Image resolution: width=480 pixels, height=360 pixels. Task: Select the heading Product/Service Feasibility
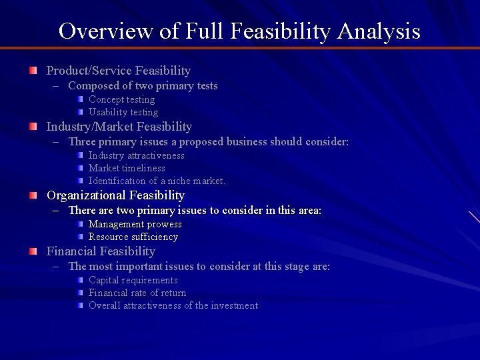coord(119,71)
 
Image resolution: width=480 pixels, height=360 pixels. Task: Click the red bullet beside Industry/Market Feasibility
coord(33,127)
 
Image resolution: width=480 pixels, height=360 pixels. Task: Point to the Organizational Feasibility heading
coord(115,195)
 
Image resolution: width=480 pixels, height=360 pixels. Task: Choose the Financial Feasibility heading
coord(101,251)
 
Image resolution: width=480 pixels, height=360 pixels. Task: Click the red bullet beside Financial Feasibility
coord(33,251)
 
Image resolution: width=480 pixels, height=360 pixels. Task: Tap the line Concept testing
coord(121,100)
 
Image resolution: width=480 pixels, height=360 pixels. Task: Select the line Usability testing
coord(123,113)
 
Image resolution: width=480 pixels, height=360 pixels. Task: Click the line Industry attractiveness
coord(137,156)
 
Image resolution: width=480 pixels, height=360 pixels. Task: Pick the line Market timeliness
coord(127,169)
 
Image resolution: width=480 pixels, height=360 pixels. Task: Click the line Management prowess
coord(135,225)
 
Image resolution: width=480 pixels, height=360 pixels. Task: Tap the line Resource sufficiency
coord(133,237)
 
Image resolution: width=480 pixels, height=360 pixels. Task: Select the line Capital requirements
coord(133,281)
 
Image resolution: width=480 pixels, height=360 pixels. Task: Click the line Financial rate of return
coord(137,293)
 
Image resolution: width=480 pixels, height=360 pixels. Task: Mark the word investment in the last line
coord(235,306)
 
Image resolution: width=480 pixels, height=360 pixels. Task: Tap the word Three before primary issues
coord(82,142)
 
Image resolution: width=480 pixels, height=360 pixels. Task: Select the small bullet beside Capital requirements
coord(79,280)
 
